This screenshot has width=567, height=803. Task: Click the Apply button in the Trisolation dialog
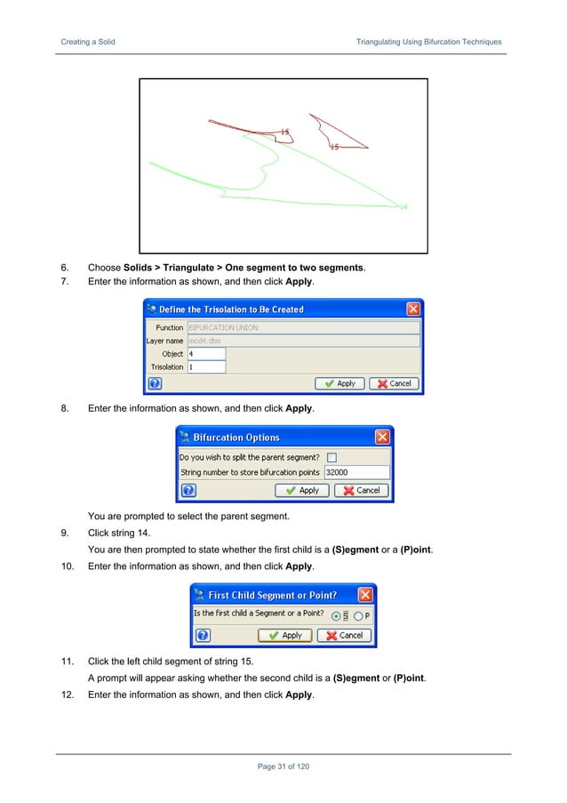tap(339, 383)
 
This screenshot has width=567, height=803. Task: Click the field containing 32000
tap(356, 472)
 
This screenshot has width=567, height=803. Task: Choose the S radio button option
tap(335, 615)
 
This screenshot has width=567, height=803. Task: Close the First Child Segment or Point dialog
tap(365, 595)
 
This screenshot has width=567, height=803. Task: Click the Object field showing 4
tap(205, 353)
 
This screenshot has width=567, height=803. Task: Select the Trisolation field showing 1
tap(205, 366)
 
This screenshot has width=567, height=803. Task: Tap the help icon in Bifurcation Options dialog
tap(188, 490)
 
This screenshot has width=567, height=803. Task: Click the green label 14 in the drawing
tap(403, 207)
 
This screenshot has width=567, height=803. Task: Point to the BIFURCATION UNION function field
tap(302, 327)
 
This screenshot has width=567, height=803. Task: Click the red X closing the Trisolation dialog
tap(413, 309)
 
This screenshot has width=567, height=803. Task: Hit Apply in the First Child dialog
tap(284, 636)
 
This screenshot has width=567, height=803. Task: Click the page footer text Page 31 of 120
tap(283, 767)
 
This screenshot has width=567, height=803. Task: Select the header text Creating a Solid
tap(87, 42)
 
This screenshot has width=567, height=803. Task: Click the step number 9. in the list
tap(65, 534)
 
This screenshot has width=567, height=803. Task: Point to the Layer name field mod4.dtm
tap(302, 341)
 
